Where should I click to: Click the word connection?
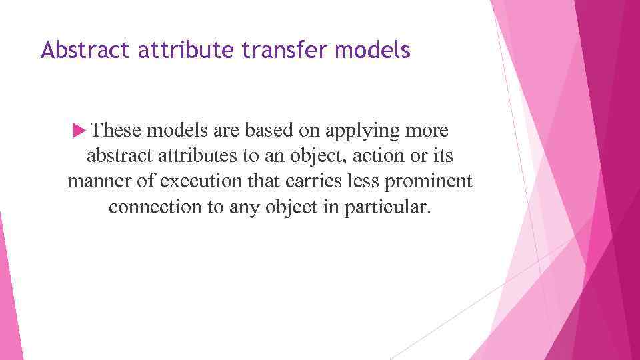(156, 207)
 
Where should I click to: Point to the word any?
(245, 207)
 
